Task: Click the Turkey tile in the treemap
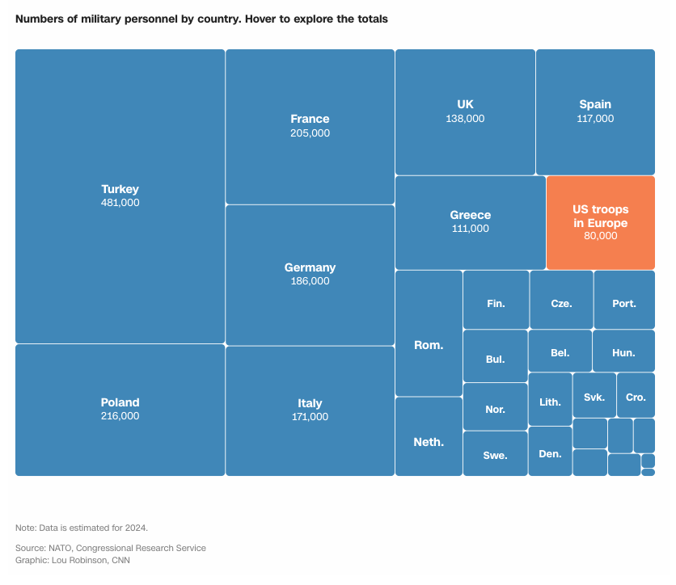pyautogui.click(x=120, y=196)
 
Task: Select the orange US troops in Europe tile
pyautogui.click(x=600, y=222)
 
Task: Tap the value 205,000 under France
pyautogui.click(x=310, y=133)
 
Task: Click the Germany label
pyautogui.click(x=310, y=267)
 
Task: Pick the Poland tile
pyautogui.click(x=120, y=409)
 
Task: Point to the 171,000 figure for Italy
pyautogui.click(x=310, y=417)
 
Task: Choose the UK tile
pyautogui.click(x=465, y=112)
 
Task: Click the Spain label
pyautogui.click(x=595, y=104)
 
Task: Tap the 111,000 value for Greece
pyautogui.click(x=470, y=229)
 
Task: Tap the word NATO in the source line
pyautogui.click(x=61, y=548)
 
